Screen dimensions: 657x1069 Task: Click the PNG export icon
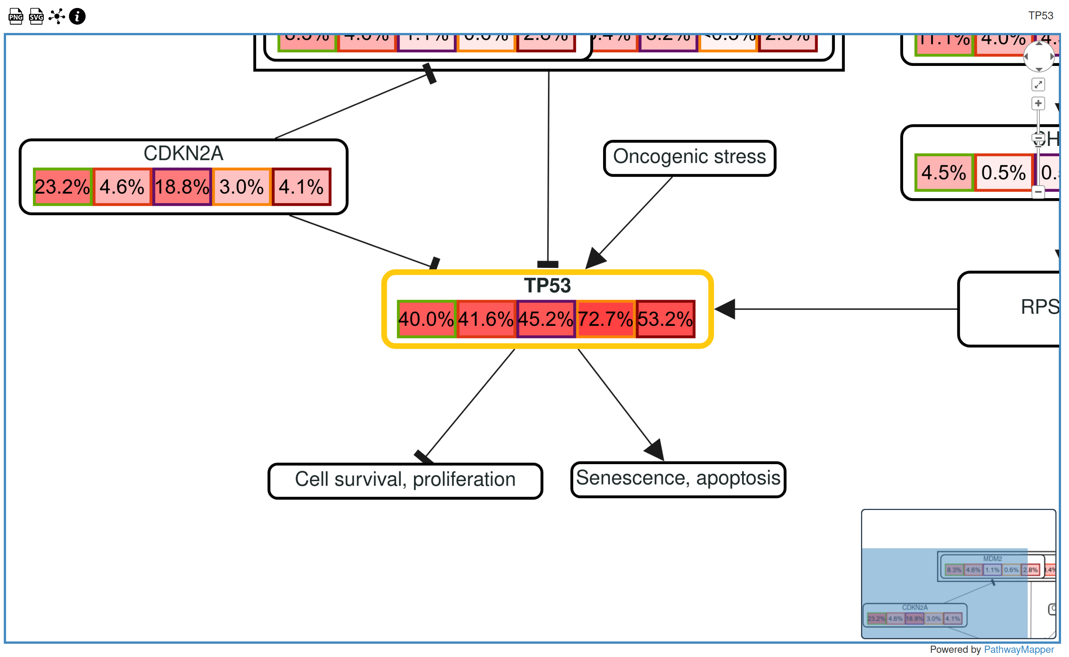(x=16, y=17)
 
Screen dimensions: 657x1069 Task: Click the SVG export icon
(x=36, y=17)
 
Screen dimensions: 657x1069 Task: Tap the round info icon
(x=77, y=17)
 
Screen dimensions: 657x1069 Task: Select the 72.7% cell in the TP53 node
(x=605, y=319)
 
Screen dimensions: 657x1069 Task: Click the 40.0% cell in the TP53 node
(x=426, y=319)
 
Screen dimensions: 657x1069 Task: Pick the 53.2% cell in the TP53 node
(x=665, y=319)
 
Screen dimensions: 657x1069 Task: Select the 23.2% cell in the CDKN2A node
(x=62, y=187)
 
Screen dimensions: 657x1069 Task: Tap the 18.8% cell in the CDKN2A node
(x=182, y=187)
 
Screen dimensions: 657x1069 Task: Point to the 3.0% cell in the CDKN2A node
(x=242, y=187)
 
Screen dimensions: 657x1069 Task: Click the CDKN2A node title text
(x=183, y=153)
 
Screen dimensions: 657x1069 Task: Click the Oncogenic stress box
(x=689, y=158)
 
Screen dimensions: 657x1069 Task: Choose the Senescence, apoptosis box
(x=678, y=479)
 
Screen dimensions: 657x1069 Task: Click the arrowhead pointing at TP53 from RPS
(x=725, y=309)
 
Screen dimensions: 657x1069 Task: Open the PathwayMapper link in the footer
(x=1018, y=649)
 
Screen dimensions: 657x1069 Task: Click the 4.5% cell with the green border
(x=944, y=172)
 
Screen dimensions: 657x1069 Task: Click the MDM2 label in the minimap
(x=992, y=559)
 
